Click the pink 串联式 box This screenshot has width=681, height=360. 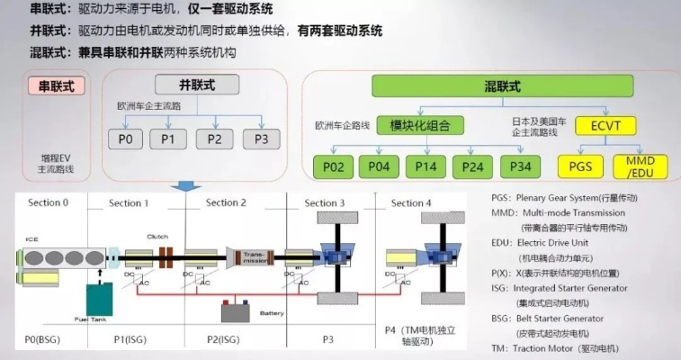coord(58,86)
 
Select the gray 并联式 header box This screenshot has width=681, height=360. coord(197,85)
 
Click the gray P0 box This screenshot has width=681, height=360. coord(126,139)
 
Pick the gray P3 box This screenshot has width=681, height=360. coord(261,139)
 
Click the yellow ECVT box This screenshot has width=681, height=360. coord(603,124)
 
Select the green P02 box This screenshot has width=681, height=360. coord(334,166)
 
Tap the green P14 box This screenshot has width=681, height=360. coord(427,166)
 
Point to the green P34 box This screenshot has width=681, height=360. coord(521,166)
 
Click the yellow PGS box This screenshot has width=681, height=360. coord(580,166)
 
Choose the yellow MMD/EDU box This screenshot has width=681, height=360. coord(641,166)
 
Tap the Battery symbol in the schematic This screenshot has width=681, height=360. coord(234,313)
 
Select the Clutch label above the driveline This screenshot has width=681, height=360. coord(157,238)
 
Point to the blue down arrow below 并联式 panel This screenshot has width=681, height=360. coord(186,185)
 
